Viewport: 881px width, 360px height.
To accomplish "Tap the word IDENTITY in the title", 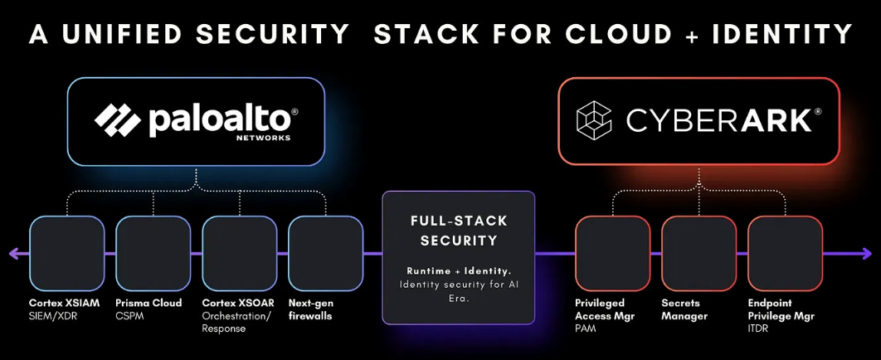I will [776, 34].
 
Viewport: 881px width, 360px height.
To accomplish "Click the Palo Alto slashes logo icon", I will [118, 119].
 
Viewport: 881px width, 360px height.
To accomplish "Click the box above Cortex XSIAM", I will [67, 252].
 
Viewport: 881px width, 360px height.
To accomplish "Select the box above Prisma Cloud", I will [153, 252].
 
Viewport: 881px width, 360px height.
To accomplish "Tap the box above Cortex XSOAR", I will [240, 252].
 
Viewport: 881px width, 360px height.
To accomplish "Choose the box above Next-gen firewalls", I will [325, 252].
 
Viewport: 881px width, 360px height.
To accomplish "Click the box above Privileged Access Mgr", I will [612, 252].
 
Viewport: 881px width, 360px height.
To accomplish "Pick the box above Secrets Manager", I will [698, 252].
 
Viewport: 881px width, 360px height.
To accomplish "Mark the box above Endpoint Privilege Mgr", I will [785, 252].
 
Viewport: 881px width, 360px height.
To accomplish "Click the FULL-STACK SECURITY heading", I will [458, 231].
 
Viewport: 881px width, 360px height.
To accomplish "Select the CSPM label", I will [130, 316].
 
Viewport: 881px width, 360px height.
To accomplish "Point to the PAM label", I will [587, 329].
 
